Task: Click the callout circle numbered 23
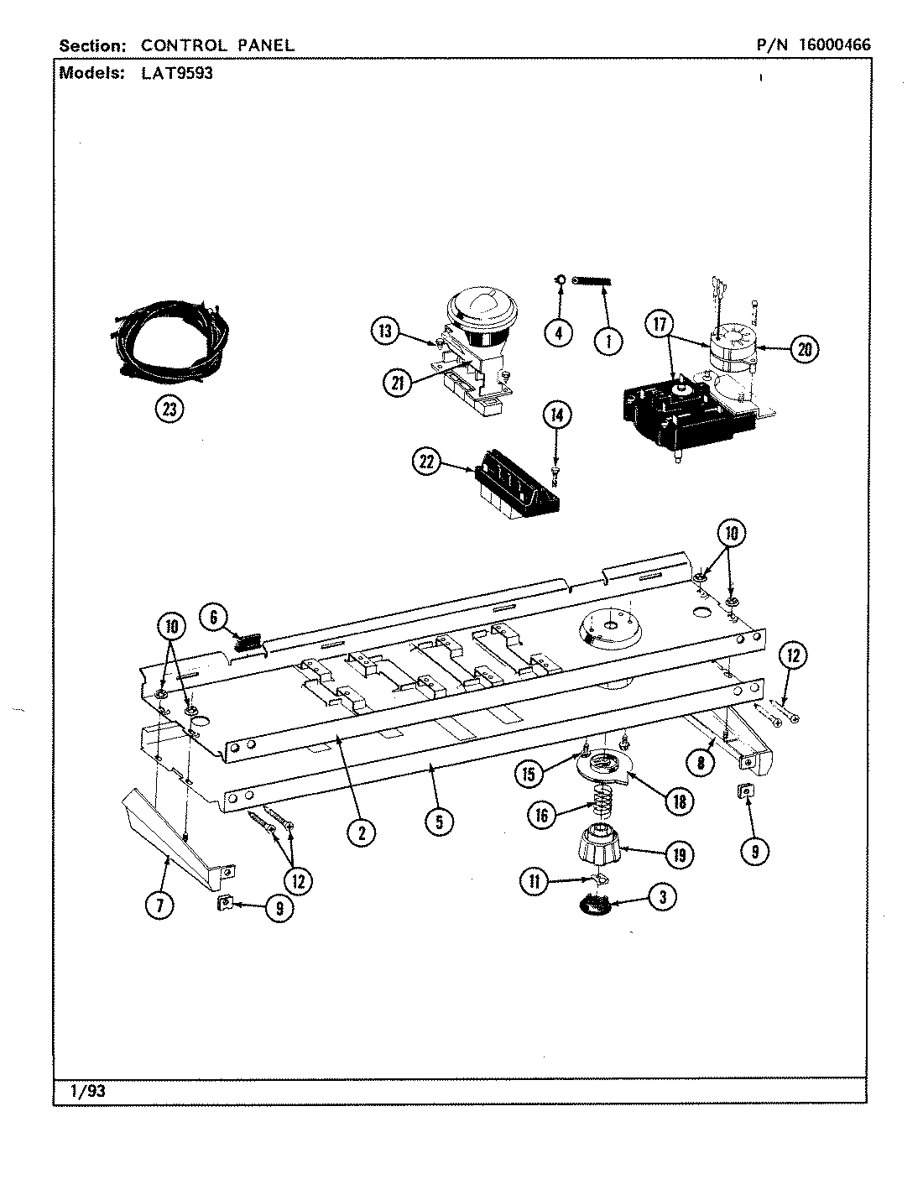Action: tap(170, 410)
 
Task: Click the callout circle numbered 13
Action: tap(384, 331)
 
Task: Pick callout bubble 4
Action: tap(558, 333)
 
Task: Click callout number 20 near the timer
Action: tap(803, 349)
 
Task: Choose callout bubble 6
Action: tap(214, 618)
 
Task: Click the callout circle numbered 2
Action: tap(361, 832)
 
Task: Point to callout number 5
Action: tap(438, 822)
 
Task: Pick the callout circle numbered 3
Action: tap(663, 897)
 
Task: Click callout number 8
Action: tap(701, 762)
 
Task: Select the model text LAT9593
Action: tap(171, 72)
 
